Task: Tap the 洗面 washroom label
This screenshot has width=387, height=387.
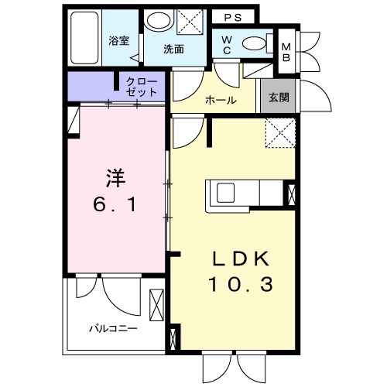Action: tap(173, 50)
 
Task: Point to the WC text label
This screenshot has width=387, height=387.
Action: tap(228, 44)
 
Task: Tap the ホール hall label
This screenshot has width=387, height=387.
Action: tap(221, 101)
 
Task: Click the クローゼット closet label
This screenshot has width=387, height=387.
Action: tap(141, 86)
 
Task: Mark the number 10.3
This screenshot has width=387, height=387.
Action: tap(240, 286)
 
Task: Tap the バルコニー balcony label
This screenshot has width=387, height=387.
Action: tap(114, 328)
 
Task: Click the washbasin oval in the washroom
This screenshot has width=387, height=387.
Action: tap(159, 20)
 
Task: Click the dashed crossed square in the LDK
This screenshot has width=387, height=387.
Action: tap(279, 132)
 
